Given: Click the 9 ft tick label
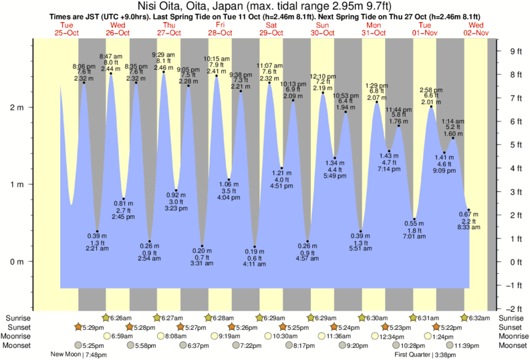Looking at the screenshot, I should pos(515,51).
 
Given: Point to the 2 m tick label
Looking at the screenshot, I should pos(17,108).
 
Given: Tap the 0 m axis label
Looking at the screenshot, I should pos(17,261).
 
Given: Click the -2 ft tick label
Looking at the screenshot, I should pos(513,309).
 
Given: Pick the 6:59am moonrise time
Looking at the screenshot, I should pos(122,337).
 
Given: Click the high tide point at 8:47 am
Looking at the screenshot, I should pos(111,73).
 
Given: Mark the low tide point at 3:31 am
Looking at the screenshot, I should pos(202,246).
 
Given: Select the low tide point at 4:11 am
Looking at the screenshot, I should pos(254,246).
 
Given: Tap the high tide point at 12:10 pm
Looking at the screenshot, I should pos(323,93).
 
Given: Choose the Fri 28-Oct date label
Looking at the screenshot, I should pos(221,28).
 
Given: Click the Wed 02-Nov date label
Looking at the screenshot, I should pos(476,28).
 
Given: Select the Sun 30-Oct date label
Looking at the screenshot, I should pos(323,28).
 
